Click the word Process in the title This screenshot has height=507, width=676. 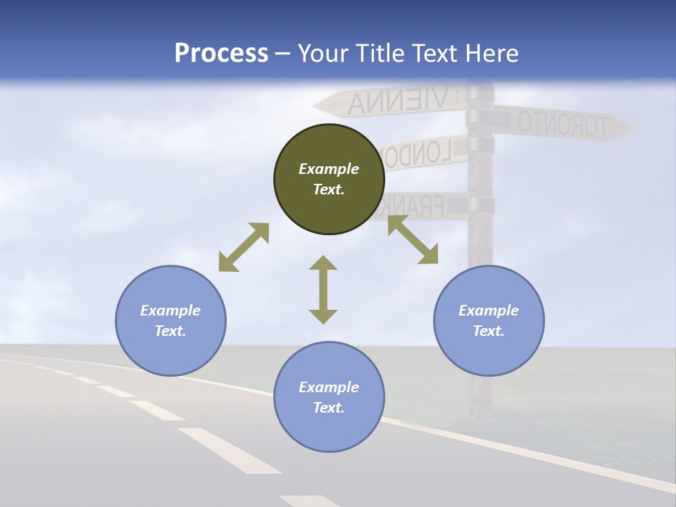(221, 54)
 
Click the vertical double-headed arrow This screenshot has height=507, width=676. (323, 289)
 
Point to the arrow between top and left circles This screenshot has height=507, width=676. (244, 247)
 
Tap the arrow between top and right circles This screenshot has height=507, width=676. (413, 239)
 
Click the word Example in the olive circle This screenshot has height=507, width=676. (329, 169)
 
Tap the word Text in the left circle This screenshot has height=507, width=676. (170, 331)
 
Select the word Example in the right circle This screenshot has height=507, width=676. (489, 311)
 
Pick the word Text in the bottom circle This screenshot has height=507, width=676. (329, 408)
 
